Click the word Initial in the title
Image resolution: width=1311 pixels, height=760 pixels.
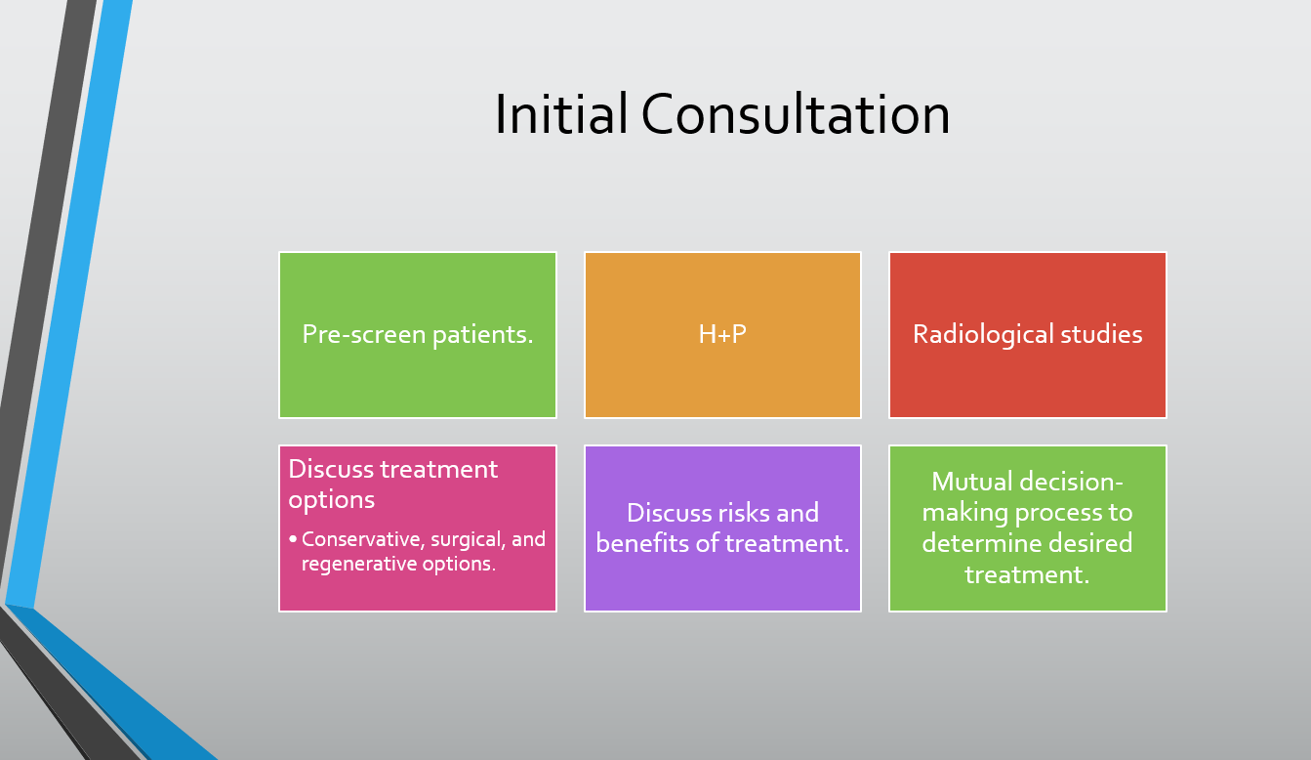point(561,113)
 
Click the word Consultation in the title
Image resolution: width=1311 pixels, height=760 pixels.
point(796,114)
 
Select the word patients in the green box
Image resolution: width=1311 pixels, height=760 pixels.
point(483,335)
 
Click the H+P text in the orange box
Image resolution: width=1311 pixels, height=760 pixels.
point(722,334)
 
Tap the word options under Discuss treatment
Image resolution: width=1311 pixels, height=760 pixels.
point(331,500)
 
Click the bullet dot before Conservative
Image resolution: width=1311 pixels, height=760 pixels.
point(293,538)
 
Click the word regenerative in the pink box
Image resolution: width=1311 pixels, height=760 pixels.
point(358,565)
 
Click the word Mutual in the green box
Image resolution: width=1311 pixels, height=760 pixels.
point(971,482)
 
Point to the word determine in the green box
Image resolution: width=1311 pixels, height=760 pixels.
point(973,543)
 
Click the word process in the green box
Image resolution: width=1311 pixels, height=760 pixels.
point(1057,514)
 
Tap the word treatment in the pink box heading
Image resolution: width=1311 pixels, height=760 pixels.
point(438,470)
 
